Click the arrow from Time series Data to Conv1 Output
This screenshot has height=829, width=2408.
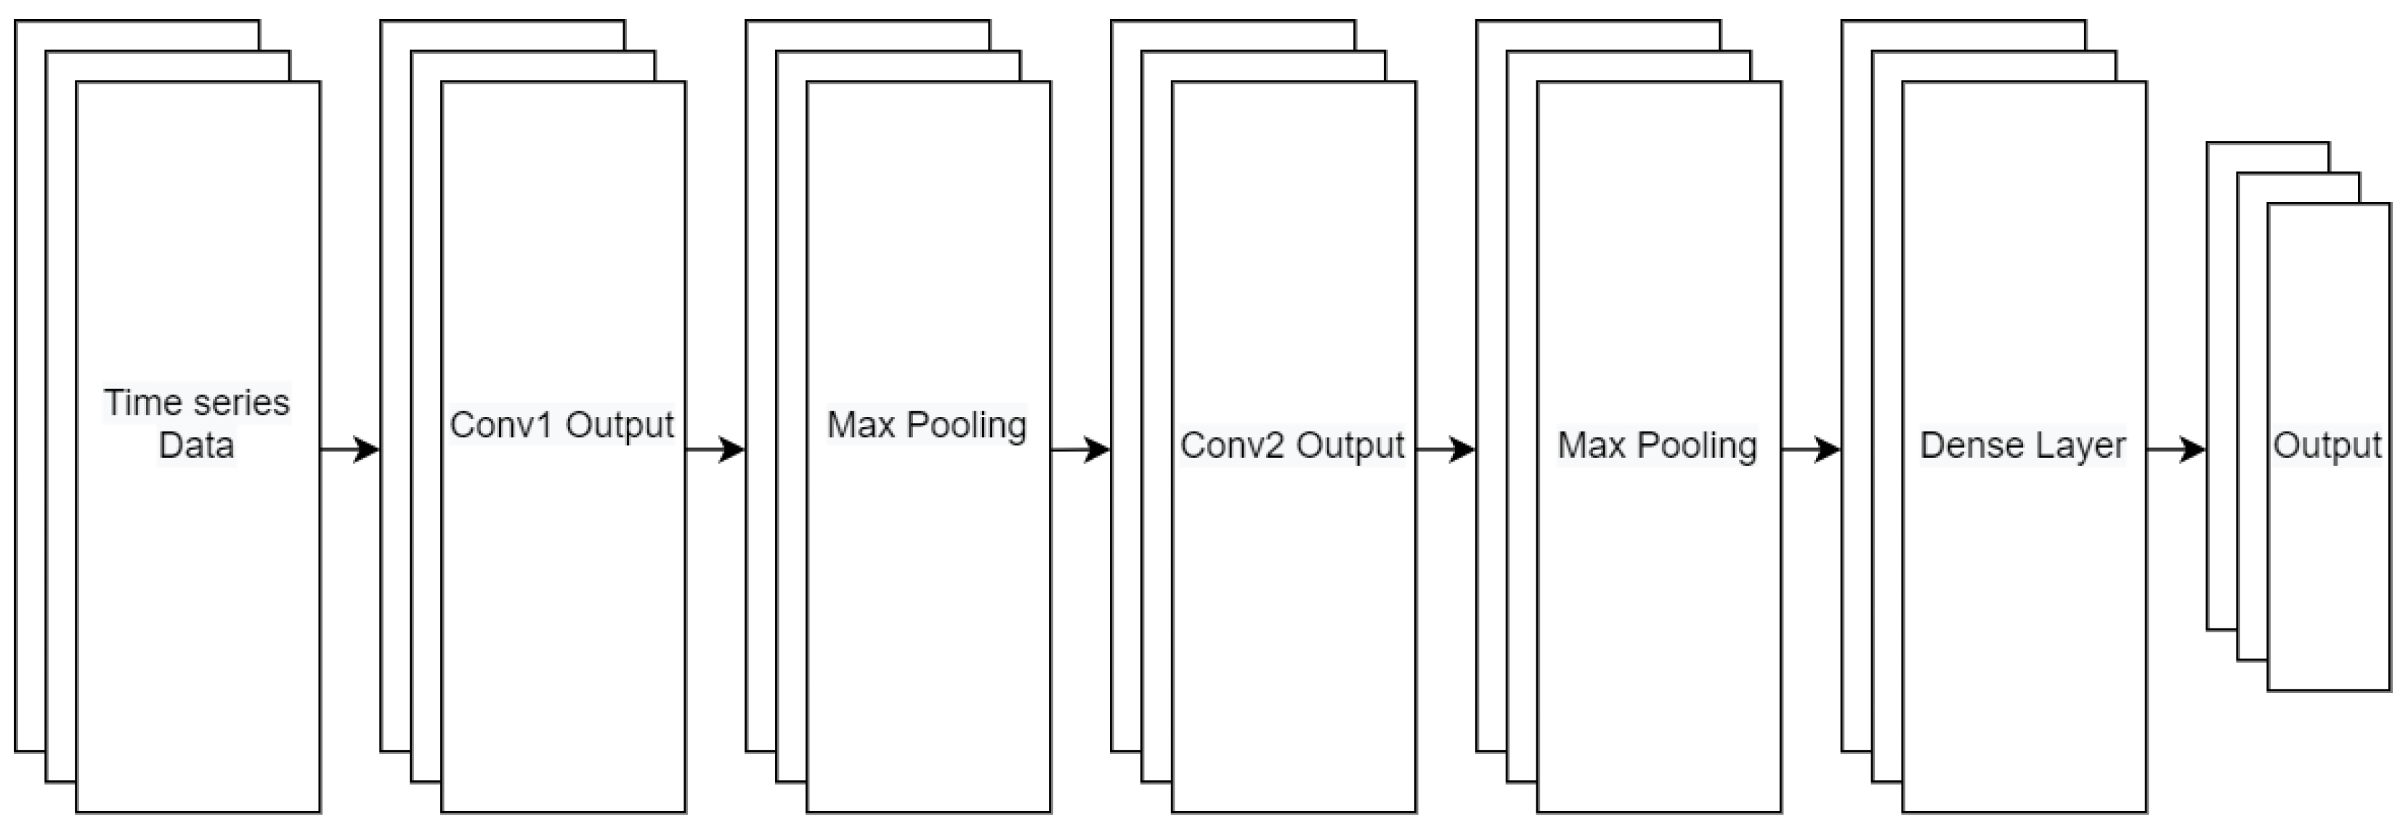click(x=349, y=450)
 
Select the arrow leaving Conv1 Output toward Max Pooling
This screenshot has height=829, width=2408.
click(x=715, y=450)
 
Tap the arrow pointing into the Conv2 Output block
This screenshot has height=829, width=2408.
click(x=1081, y=450)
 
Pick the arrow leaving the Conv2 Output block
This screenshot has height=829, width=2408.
click(x=1446, y=450)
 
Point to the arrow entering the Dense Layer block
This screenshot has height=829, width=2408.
click(x=1812, y=450)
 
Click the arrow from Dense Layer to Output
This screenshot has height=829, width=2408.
click(x=2176, y=450)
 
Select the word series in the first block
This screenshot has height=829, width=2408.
click(x=240, y=403)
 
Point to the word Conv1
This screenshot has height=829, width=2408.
click(x=501, y=424)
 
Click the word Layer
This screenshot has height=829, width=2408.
click(x=2082, y=446)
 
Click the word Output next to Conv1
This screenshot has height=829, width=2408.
click(x=620, y=424)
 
